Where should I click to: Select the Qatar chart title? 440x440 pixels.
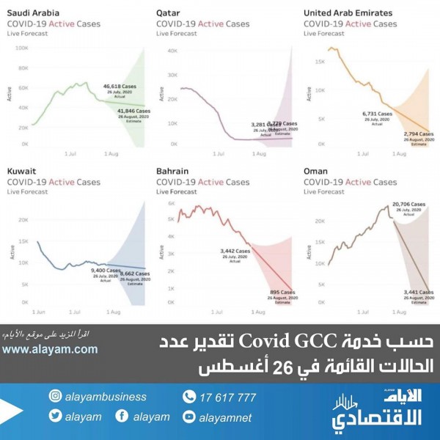169,13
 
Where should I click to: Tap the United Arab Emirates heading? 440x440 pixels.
348,13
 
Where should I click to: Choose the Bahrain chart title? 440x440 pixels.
173,171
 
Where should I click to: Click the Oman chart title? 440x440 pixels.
316,171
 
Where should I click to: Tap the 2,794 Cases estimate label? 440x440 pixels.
418,135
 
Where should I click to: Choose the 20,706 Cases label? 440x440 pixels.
408,202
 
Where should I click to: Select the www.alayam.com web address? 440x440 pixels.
50,350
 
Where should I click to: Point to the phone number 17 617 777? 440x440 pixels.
228,397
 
